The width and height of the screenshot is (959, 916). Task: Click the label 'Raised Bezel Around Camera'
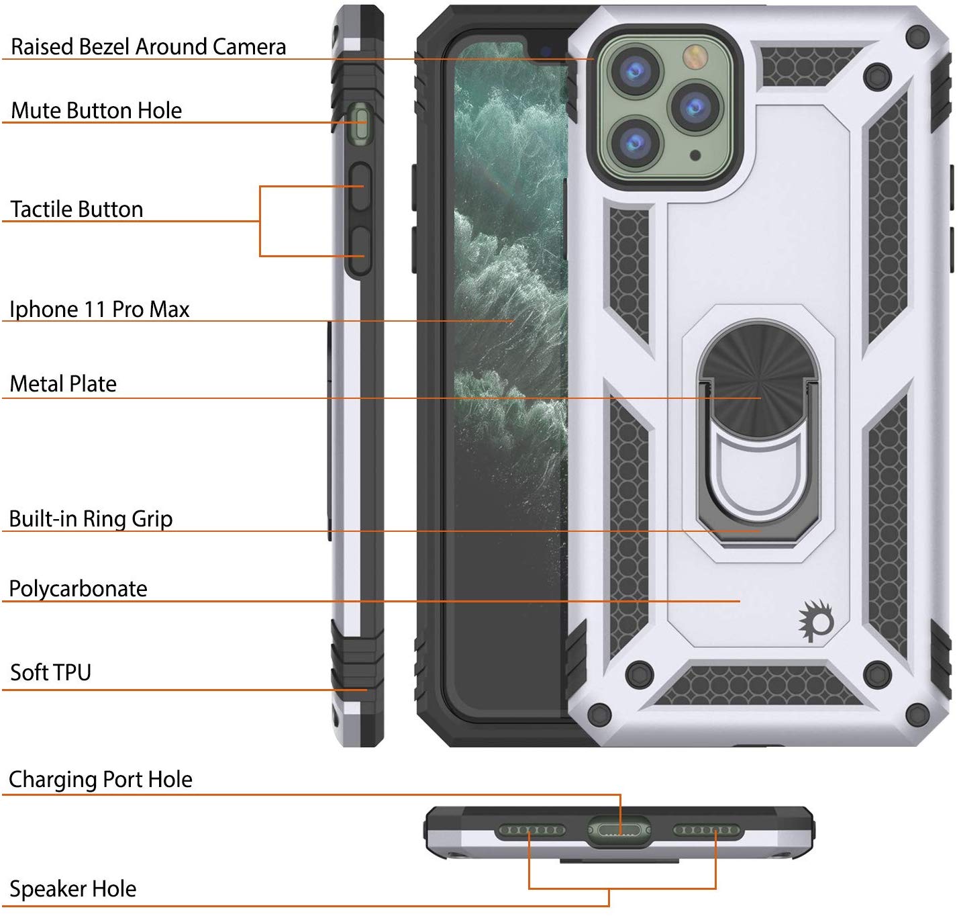click(x=148, y=46)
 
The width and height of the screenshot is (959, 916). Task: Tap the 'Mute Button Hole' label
click(x=96, y=110)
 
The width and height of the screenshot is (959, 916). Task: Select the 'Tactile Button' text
click(x=77, y=209)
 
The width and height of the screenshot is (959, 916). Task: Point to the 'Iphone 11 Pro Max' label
click(x=99, y=309)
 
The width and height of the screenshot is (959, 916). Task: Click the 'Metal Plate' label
click(x=63, y=383)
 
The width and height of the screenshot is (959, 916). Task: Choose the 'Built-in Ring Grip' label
click(x=91, y=518)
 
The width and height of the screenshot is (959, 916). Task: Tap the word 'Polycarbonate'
click(x=78, y=588)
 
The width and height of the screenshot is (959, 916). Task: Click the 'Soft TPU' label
click(x=50, y=672)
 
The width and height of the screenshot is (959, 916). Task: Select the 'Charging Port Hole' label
click(x=101, y=779)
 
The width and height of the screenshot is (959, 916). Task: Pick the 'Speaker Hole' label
click(x=72, y=888)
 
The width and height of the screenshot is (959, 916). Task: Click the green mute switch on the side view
click(x=361, y=125)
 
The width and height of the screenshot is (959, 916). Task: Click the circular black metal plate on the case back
click(x=759, y=383)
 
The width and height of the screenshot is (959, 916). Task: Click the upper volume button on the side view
click(x=361, y=187)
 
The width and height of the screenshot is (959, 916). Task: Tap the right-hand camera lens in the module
click(x=695, y=107)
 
